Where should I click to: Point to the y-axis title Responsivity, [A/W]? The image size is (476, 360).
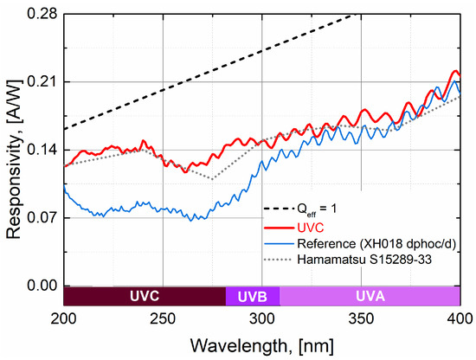12,150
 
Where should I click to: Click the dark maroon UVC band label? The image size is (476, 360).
145,297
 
